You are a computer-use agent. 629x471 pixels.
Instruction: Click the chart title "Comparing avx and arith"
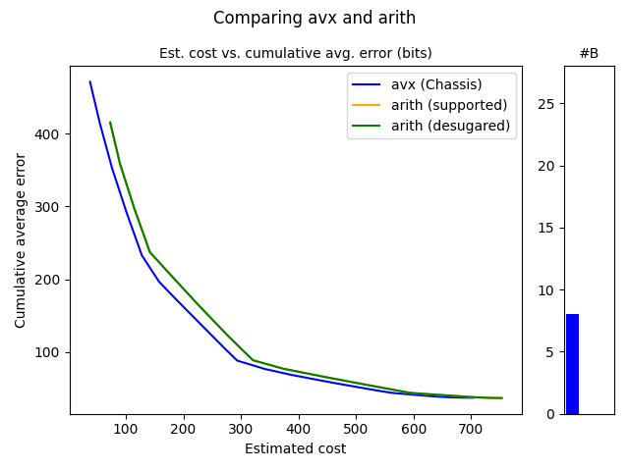[314, 18]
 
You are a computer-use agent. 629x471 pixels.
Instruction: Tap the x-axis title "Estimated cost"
[295, 449]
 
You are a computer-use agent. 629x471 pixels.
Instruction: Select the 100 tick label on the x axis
[125, 429]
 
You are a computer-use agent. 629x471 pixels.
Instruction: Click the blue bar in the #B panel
[572, 364]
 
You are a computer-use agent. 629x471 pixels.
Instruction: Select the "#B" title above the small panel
[589, 53]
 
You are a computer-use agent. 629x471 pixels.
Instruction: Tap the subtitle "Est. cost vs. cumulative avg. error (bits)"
[295, 53]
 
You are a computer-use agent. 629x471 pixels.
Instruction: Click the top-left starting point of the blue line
[90, 81]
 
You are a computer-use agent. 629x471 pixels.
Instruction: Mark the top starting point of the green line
[110, 123]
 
